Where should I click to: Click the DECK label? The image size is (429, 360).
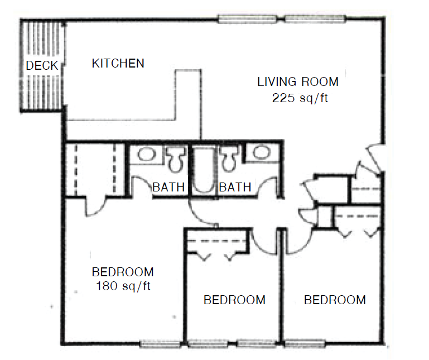42,66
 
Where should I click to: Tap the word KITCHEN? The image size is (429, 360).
118,63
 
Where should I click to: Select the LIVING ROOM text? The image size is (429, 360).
297,82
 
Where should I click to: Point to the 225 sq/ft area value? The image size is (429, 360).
297,98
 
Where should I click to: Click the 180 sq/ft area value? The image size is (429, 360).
122,287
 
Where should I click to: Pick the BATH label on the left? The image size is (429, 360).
168,187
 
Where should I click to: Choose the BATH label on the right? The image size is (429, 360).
235,187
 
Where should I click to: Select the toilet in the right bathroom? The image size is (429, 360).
228,159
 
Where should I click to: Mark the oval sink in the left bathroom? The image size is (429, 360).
147,153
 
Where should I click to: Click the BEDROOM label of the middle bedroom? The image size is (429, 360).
234,300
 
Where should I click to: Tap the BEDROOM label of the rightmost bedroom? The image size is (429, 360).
335,300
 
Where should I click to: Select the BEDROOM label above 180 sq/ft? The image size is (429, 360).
123,272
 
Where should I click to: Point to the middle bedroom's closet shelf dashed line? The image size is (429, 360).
216,241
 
